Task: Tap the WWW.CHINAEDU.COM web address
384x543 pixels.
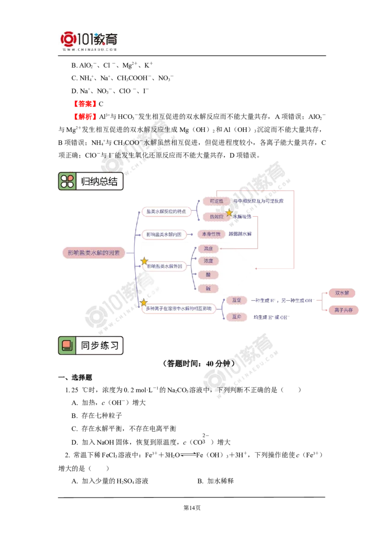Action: (90, 49)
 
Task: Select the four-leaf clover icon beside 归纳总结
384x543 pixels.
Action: (67, 182)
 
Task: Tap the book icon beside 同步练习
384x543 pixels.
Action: (67, 345)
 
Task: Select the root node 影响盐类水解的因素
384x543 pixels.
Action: (94, 253)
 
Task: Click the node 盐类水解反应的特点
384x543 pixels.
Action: (166, 212)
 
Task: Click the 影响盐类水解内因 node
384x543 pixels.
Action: (164, 235)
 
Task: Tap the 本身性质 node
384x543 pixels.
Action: (211, 235)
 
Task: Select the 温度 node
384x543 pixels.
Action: (208, 249)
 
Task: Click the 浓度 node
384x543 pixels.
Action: (208, 261)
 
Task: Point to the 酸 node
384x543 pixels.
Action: (208, 275)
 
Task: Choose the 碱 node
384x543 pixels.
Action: (208, 288)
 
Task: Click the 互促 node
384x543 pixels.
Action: (237, 300)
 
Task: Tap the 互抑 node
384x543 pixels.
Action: (237, 317)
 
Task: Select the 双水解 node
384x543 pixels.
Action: (342, 293)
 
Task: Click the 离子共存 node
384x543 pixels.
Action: (344, 310)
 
